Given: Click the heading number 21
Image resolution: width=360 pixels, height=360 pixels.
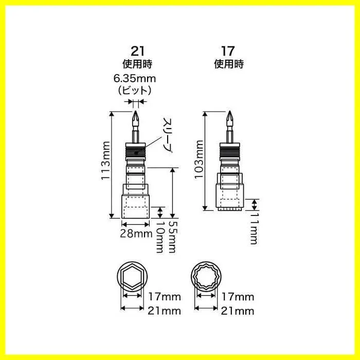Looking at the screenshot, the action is click(x=137, y=51).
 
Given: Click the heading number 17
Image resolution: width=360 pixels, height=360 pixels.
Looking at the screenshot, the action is click(x=228, y=51).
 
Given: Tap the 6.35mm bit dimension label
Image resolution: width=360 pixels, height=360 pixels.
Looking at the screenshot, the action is click(x=135, y=79).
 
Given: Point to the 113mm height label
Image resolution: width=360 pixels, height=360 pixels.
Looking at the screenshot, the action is click(x=105, y=160).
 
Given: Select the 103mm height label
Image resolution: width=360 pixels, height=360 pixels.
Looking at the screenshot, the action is click(x=199, y=159).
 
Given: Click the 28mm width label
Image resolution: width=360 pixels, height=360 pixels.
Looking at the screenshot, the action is click(x=136, y=233).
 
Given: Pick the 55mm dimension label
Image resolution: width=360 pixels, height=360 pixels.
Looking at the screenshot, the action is click(x=173, y=237).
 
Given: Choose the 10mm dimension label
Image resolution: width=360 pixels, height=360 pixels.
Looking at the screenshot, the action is click(x=160, y=237).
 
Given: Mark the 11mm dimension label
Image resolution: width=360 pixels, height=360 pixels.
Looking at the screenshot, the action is click(x=254, y=228).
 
